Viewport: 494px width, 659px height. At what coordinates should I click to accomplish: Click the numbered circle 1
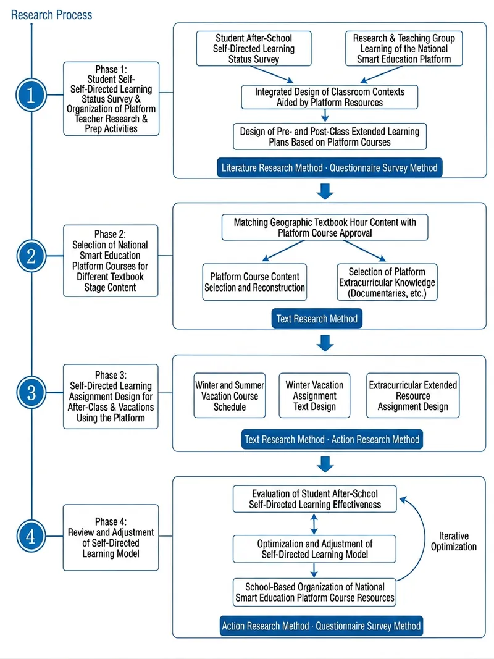(x=31, y=95)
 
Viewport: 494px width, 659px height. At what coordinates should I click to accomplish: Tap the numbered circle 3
(x=31, y=393)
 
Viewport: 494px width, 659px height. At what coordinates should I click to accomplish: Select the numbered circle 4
(x=31, y=536)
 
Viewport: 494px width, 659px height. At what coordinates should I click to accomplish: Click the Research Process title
(x=51, y=15)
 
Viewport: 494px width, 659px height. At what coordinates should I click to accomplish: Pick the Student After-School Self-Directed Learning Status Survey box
(x=254, y=49)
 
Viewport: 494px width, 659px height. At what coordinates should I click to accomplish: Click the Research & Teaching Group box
(x=404, y=49)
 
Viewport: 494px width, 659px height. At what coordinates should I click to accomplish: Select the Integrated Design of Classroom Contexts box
(x=329, y=97)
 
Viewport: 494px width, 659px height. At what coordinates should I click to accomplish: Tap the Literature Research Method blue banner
(x=329, y=168)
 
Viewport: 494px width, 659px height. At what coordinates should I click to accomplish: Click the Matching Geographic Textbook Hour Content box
(x=325, y=227)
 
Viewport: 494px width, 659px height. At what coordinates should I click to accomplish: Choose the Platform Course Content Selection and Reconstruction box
(x=254, y=282)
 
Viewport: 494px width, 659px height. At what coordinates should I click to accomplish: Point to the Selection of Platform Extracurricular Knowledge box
(x=387, y=282)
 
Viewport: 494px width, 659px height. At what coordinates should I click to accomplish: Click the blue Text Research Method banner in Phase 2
(x=317, y=319)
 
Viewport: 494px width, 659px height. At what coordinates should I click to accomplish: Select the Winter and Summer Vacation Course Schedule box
(x=229, y=395)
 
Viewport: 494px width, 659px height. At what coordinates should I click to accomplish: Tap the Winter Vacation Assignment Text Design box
(x=314, y=395)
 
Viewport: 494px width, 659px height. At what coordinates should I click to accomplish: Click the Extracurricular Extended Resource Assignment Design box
(x=413, y=395)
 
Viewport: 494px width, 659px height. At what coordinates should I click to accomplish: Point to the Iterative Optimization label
(x=454, y=541)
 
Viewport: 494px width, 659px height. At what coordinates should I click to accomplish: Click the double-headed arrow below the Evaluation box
(x=314, y=524)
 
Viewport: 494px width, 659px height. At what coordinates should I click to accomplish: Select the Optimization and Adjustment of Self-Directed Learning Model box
(x=315, y=549)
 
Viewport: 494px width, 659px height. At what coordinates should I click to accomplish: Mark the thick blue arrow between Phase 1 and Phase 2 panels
(x=325, y=191)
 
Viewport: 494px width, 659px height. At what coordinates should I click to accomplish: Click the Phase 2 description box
(x=111, y=261)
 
